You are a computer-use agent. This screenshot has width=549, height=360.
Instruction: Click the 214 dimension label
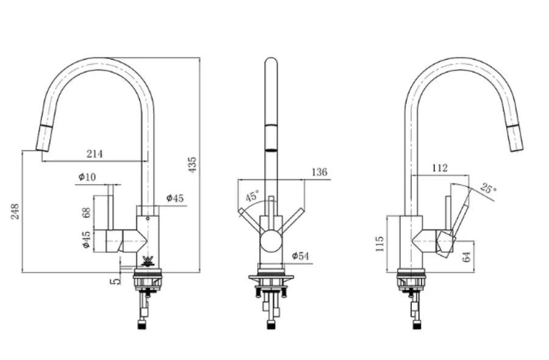pos(95,153)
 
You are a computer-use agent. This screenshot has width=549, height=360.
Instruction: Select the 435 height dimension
pos(192,165)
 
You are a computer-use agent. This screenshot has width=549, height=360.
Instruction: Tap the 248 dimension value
pos(15,212)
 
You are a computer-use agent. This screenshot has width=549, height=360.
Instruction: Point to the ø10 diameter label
pos(87,177)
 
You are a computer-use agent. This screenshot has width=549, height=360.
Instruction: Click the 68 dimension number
pos(86,212)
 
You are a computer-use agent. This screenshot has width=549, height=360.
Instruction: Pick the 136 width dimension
pos(319,172)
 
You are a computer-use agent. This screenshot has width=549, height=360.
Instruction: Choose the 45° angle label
pos(253,195)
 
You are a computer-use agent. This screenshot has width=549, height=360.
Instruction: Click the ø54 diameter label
pos(300,256)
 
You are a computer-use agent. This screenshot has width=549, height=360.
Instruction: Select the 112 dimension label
pos(439,168)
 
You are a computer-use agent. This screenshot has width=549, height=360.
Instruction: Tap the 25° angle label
pos(488,188)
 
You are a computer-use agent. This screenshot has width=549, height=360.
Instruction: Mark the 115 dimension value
pos(379,243)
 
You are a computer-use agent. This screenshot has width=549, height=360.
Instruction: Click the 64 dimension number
pos(467,257)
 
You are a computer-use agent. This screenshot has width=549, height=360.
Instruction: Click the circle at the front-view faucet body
pos(271,242)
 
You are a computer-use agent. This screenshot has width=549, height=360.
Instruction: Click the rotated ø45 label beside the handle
pos(86,240)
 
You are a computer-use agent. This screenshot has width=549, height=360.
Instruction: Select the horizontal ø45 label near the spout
pos(174,198)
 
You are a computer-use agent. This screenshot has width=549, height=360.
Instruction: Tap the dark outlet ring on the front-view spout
pos(271,150)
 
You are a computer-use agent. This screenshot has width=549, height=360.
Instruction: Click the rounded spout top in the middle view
pos(271,60)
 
